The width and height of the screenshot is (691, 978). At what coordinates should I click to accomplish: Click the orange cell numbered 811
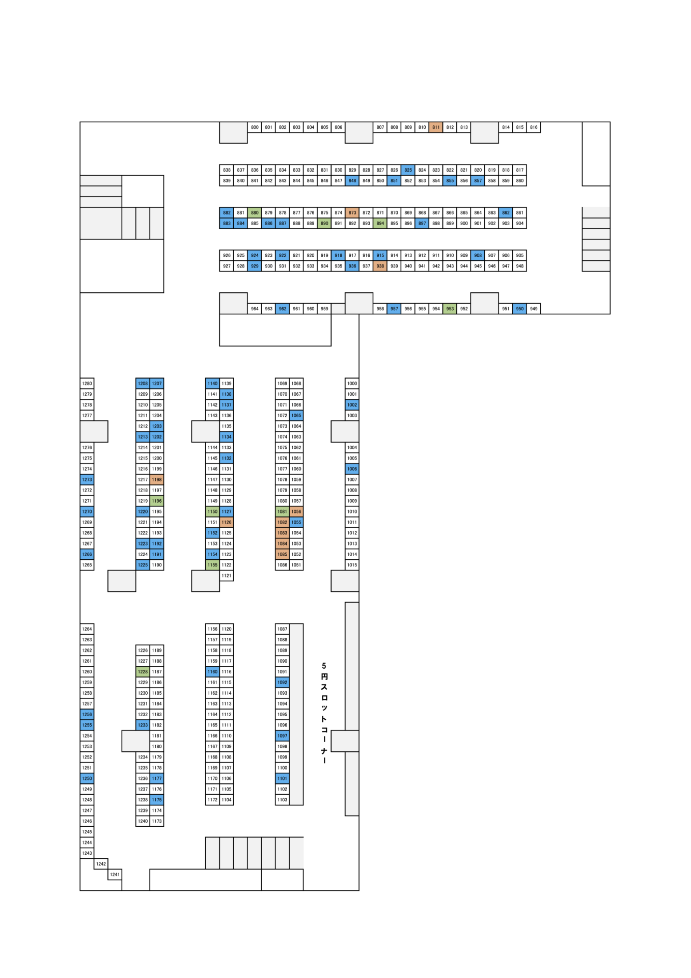coord(436,127)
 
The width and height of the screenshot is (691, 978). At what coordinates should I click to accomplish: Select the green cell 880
coord(255,213)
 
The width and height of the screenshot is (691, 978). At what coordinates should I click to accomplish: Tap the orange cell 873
coord(352,213)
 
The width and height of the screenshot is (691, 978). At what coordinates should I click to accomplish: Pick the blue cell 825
coord(408,170)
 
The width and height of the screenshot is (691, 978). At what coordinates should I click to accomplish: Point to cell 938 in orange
coord(380,266)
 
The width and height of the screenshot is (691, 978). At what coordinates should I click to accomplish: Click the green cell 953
coord(450,309)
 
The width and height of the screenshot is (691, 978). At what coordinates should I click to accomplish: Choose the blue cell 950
coord(519,309)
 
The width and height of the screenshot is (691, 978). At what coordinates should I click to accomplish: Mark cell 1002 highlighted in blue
coord(352,405)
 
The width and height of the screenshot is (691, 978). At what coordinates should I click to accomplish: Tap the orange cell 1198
coord(157,480)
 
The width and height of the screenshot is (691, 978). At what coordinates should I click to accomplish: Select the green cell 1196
coord(157,501)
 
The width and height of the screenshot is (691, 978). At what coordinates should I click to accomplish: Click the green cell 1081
coord(282,512)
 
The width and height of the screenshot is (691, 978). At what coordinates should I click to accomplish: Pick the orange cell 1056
coord(296,512)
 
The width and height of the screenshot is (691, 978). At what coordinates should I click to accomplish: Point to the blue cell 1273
coord(87,480)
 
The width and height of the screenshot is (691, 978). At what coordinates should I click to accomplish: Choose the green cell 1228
coord(143,672)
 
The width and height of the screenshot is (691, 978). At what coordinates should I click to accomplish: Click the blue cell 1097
coord(282,736)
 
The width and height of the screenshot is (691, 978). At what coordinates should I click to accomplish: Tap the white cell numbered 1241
coord(115,875)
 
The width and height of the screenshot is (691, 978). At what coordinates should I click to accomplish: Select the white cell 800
coord(255,127)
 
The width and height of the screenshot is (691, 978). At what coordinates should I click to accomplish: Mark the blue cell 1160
coord(212,672)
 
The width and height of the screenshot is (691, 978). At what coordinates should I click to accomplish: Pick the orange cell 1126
coord(227,523)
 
